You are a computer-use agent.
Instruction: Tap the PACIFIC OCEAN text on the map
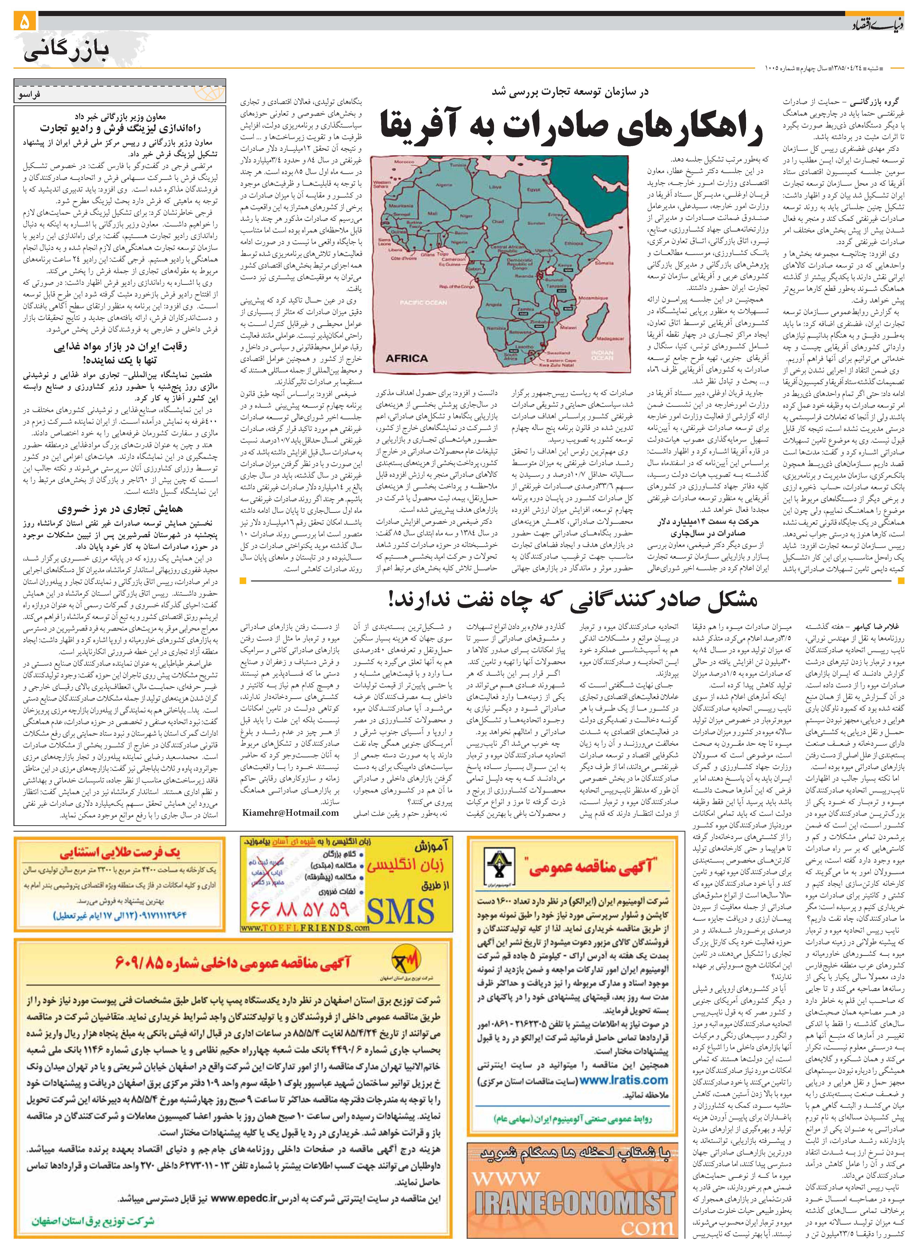coord(424,303)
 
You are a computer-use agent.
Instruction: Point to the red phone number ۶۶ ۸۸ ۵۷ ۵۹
coord(300,909)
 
